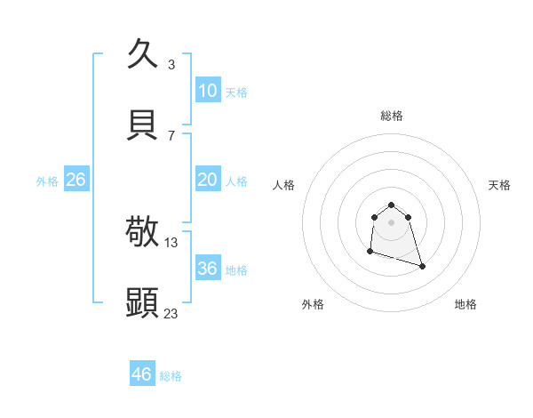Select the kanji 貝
tap(143, 125)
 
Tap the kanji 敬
tap(143, 232)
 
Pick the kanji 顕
tap(143, 302)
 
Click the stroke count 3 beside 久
tap(171, 64)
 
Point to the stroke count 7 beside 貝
tap(171, 135)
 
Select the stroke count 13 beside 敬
tap(171, 242)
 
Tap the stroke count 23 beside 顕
tap(171, 313)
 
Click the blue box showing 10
tap(208, 91)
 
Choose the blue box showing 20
tap(208, 180)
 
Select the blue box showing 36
tap(208, 268)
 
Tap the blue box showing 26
tap(76, 180)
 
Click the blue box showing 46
tap(142, 374)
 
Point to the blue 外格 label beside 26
tap(47, 181)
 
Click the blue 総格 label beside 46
tap(171, 376)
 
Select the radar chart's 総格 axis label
tap(391, 116)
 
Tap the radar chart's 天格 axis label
tap(499, 185)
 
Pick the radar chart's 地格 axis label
tap(465, 304)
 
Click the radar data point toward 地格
tap(422, 266)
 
